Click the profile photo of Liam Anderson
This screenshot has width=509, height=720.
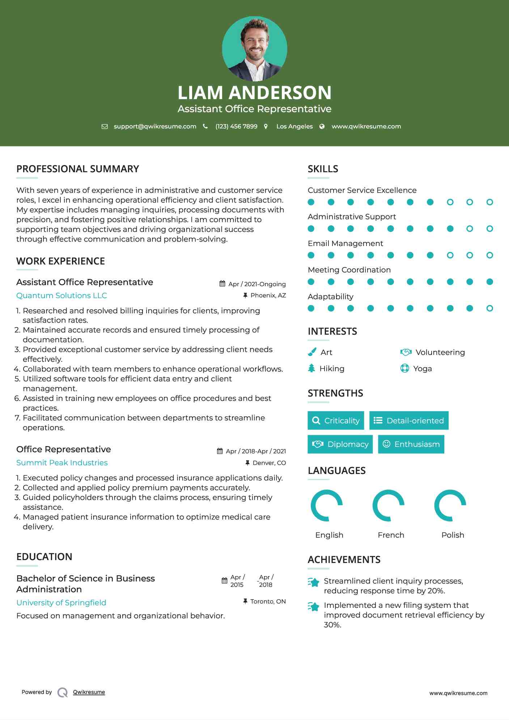254,48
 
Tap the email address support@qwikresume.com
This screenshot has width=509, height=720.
155,126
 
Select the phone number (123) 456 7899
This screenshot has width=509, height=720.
236,126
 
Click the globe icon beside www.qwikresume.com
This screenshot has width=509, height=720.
322,126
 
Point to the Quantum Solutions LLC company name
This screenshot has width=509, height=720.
61,296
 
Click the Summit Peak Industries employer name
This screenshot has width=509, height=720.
62,463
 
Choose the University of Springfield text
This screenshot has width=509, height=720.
61,603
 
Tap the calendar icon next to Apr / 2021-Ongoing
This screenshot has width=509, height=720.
222,284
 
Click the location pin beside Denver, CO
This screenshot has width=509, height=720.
247,463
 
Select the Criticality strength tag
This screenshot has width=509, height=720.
336,420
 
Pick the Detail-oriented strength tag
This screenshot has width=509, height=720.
409,420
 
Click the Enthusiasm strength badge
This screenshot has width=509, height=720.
411,444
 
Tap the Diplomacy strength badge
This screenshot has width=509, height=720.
340,444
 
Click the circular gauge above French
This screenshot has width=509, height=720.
389,505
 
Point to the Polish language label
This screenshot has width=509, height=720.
453,535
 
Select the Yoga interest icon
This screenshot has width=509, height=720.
404,368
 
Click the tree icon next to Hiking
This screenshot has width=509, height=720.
311,368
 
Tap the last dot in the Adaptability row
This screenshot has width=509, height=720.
489,308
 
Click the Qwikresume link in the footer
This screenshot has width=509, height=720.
89,692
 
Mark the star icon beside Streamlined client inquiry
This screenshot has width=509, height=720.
314,582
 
